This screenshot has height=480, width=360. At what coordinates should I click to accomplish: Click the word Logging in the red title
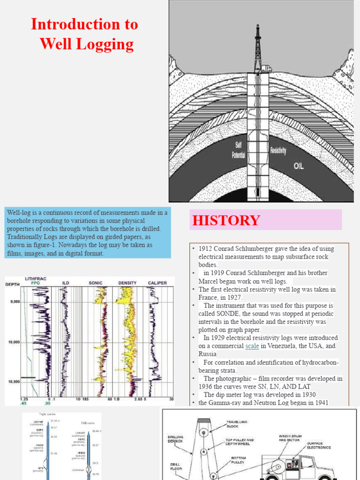click(x=108, y=45)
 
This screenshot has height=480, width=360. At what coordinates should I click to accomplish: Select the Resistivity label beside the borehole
click(x=278, y=151)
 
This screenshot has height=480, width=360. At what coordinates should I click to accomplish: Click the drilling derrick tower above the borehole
click(x=257, y=47)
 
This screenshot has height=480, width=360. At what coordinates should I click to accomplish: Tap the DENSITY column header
click(x=127, y=283)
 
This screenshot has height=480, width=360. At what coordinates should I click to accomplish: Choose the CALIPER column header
click(x=157, y=283)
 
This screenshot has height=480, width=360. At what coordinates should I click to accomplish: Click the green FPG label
click(x=36, y=283)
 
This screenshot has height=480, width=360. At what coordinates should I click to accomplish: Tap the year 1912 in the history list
click(x=207, y=248)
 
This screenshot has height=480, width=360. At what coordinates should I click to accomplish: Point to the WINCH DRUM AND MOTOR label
click(x=291, y=437)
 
